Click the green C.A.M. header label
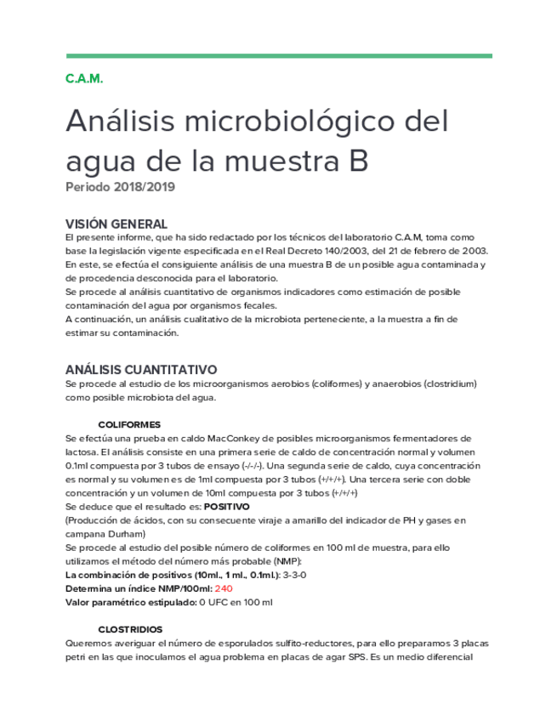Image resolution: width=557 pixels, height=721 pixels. point(83,79)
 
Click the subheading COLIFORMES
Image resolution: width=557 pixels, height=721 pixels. point(130,423)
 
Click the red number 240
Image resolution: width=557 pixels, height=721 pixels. point(223,588)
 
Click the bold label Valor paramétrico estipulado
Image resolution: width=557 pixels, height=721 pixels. point(130,603)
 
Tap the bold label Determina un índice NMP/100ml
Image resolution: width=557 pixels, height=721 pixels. point(137,588)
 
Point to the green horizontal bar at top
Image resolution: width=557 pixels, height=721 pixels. point(278,56)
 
